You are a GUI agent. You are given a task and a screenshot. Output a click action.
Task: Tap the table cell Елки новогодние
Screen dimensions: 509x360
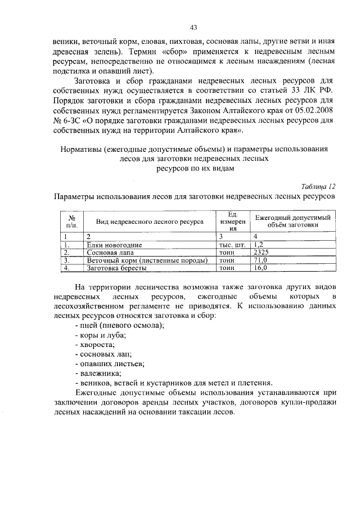tap(114, 245)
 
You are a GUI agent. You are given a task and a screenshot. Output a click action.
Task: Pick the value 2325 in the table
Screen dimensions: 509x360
tap(262, 253)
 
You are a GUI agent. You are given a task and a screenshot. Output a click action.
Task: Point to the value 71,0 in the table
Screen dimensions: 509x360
tap(260, 261)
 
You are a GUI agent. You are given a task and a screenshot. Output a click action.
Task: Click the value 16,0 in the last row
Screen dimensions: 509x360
tap(260, 269)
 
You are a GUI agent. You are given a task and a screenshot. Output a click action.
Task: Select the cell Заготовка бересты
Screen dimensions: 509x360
tap(117, 269)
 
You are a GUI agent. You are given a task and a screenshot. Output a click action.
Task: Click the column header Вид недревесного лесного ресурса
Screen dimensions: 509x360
tap(149, 222)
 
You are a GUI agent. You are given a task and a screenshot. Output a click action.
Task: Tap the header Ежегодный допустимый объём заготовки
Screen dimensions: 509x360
tap(292, 220)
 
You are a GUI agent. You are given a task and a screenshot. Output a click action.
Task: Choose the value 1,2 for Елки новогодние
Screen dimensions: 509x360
tap(259, 245)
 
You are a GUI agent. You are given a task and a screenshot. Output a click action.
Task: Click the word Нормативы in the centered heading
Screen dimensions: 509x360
tap(83, 150)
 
